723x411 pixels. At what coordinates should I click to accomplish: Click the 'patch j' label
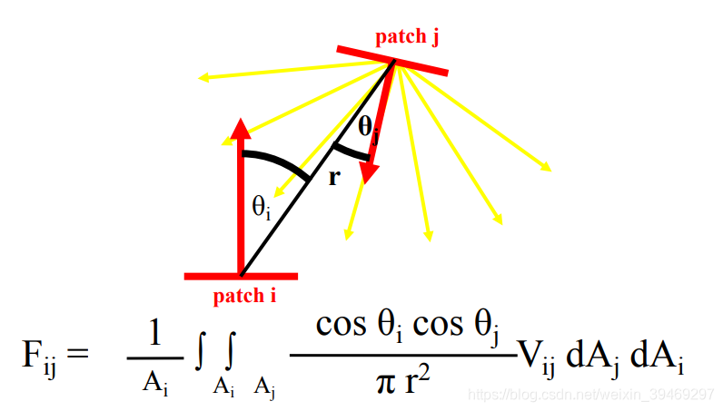pos(413,36)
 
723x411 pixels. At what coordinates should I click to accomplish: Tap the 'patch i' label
pos(244,295)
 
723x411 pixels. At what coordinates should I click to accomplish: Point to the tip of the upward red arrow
pos(241,122)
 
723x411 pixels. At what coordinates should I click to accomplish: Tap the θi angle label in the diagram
pos(261,207)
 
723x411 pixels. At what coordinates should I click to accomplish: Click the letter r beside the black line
pos(333,177)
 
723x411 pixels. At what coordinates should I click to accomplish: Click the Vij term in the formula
pos(536,357)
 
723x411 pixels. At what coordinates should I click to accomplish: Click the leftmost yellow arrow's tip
pos(201,79)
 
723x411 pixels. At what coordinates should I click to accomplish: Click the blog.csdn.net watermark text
pos(589,395)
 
